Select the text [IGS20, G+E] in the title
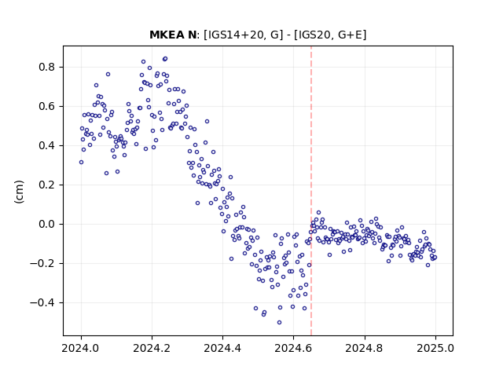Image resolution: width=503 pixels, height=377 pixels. (x=330, y=35)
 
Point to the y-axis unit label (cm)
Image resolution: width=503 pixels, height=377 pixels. (x=19, y=192)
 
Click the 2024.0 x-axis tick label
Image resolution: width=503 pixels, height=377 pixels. (x=81, y=348)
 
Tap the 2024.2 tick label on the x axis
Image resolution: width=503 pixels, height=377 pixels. (x=152, y=348)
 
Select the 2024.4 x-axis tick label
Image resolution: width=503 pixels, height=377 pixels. (x=222, y=348)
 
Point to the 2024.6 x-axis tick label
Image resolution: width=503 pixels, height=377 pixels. (x=293, y=348)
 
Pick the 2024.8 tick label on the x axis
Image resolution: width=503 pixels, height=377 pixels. (x=365, y=348)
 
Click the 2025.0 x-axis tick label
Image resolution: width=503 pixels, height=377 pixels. (x=435, y=348)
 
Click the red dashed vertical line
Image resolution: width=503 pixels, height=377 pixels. (x=311, y=191)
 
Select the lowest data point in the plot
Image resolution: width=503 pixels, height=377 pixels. (x=280, y=323)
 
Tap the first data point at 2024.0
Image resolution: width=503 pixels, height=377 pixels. (x=81, y=163)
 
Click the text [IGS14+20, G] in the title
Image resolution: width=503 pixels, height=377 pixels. (x=244, y=35)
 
